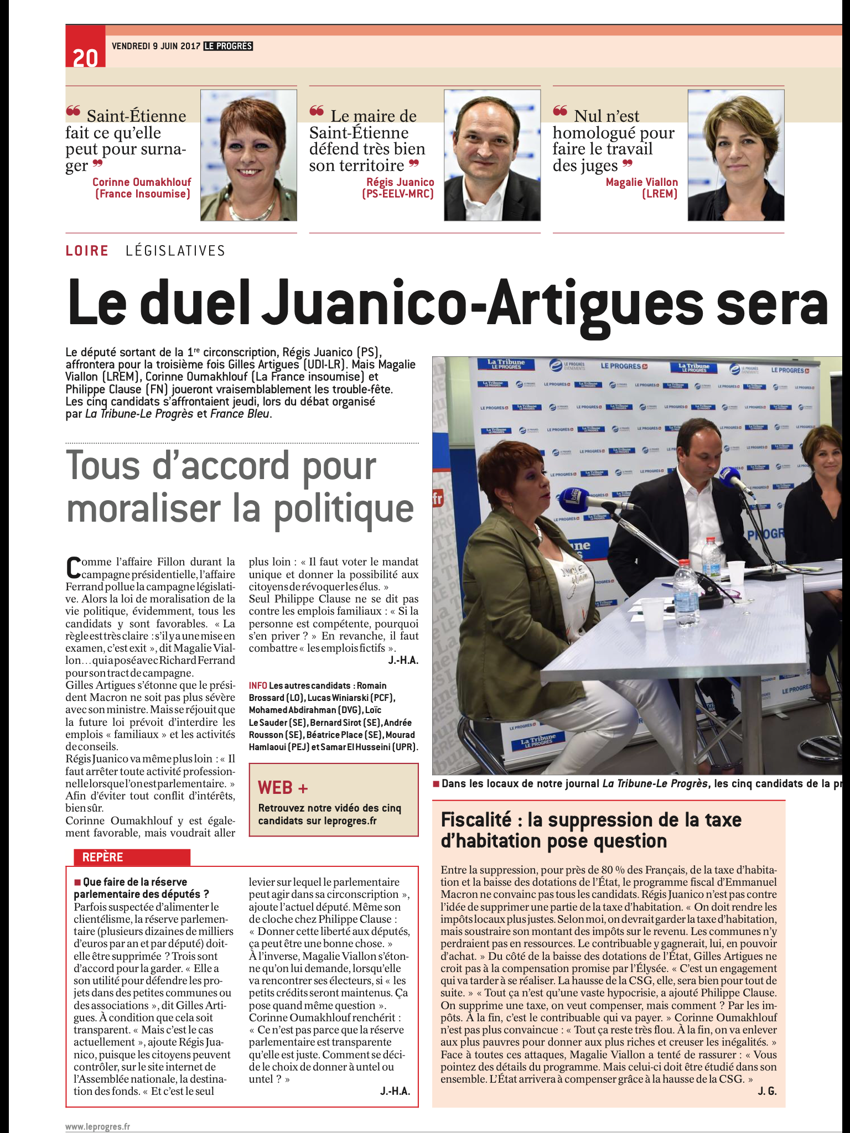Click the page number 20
click(x=85, y=57)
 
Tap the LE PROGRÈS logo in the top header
click(x=228, y=46)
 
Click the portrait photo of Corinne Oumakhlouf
click(x=248, y=155)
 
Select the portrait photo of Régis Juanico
click(x=492, y=155)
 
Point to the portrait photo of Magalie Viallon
click(x=735, y=155)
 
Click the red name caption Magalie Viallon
click(x=641, y=182)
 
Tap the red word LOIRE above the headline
click(x=87, y=251)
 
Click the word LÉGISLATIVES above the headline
click(x=175, y=251)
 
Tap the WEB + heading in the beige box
click(x=283, y=788)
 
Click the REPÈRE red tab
click(x=103, y=857)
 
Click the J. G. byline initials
click(x=767, y=1091)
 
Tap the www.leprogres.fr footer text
click(x=97, y=1126)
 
